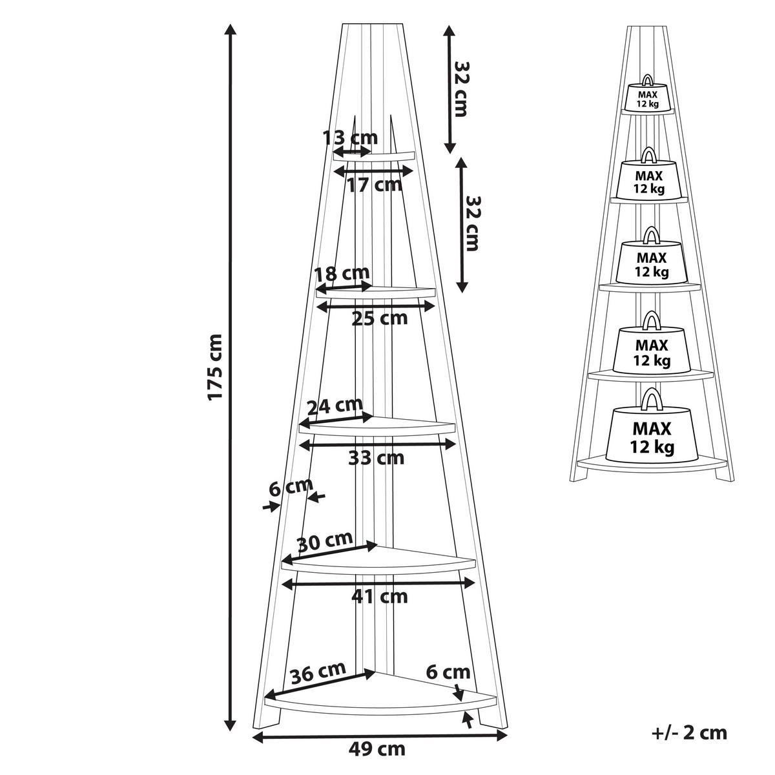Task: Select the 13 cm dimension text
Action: tap(350, 138)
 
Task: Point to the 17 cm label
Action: tap(374, 185)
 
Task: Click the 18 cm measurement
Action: tap(342, 273)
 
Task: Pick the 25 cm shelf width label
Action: tap(380, 318)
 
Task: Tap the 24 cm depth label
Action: tap(335, 406)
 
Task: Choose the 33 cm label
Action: tap(376, 458)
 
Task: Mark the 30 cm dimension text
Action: tap(325, 540)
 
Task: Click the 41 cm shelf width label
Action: tap(380, 596)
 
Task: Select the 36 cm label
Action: tap(317, 674)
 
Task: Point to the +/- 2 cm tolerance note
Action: tap(689, 733)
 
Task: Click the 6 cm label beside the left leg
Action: tap(291, 488)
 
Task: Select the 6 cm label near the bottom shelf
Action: tap(448, 672)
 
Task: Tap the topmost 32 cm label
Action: tap(460, 88)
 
